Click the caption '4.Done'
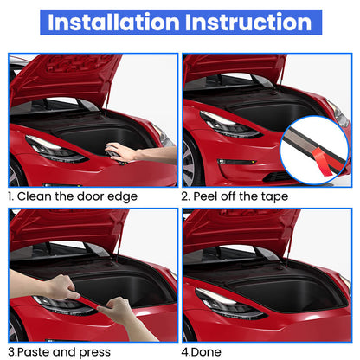(202, 350)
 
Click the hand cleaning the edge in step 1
(130, 152)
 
